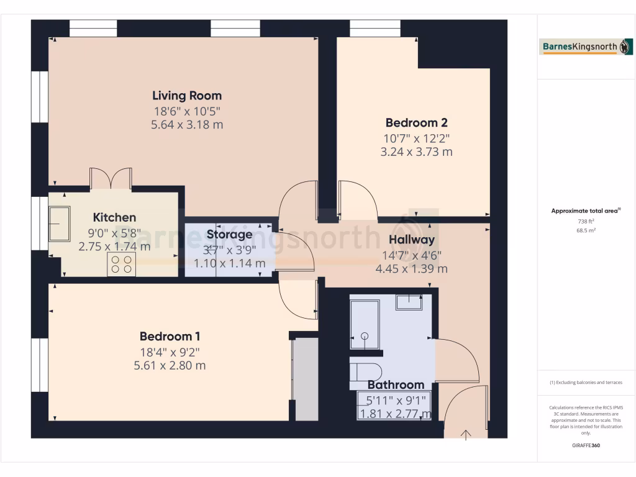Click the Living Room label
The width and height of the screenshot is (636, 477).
pyautogui.click(x=187, y=96)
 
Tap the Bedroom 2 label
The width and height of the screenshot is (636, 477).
pyautogui.click(x=416, y=123)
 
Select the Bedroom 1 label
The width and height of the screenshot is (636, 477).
pyautogui.click(x=170, y=337)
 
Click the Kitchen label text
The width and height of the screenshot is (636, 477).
pyautogui.click(x=114, y=217)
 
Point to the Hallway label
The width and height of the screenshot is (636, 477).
pyautogui.click(x=411, y=240)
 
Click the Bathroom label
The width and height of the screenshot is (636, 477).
pyautogui.click(x=396, y=384)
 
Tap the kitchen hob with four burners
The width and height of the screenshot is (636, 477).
pyautogui.click(x=122, y=265)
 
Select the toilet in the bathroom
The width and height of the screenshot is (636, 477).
pyautogui.click(x=362, y=371)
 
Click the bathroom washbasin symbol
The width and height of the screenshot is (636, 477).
pyautogui.click(x=410, y=302)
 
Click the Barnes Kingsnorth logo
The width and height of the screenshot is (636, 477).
pyautogui.click(x=586, y=47)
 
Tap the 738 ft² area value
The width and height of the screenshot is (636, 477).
pyautogui.click(x=586, y=221)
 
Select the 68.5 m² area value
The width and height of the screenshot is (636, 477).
pyautogui.click(x=586, y=230)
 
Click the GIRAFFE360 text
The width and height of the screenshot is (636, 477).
pyautogui.click(x=586, y=445)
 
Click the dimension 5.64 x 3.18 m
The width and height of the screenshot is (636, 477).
pyautogui.click(x=187, y=125)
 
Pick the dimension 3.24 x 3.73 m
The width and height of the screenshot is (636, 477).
pyautogui.click(x=416, y=152)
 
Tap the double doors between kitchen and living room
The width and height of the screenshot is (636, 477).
pyautogui.click(x=111, y=178)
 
